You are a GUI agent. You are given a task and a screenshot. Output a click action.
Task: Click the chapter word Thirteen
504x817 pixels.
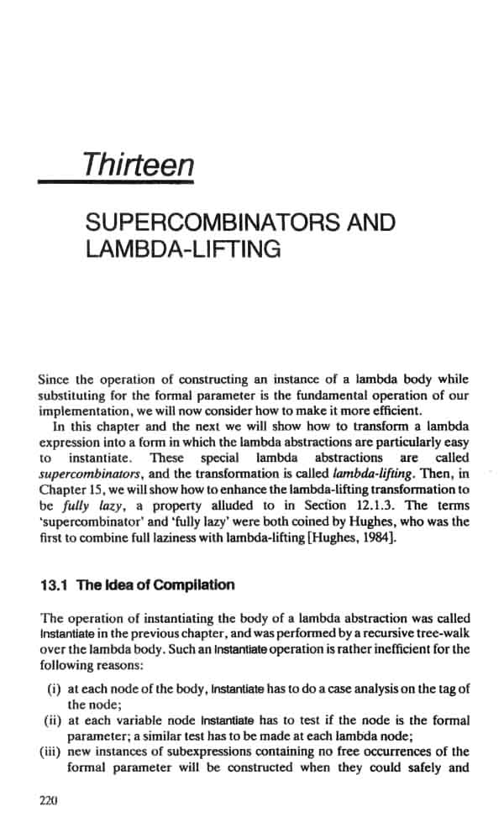(x=138, y=163)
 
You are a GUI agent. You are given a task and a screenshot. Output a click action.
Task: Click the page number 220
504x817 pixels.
(x=47, y=800)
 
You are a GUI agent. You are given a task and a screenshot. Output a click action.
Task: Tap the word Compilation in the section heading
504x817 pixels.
(x=194, y=585)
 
